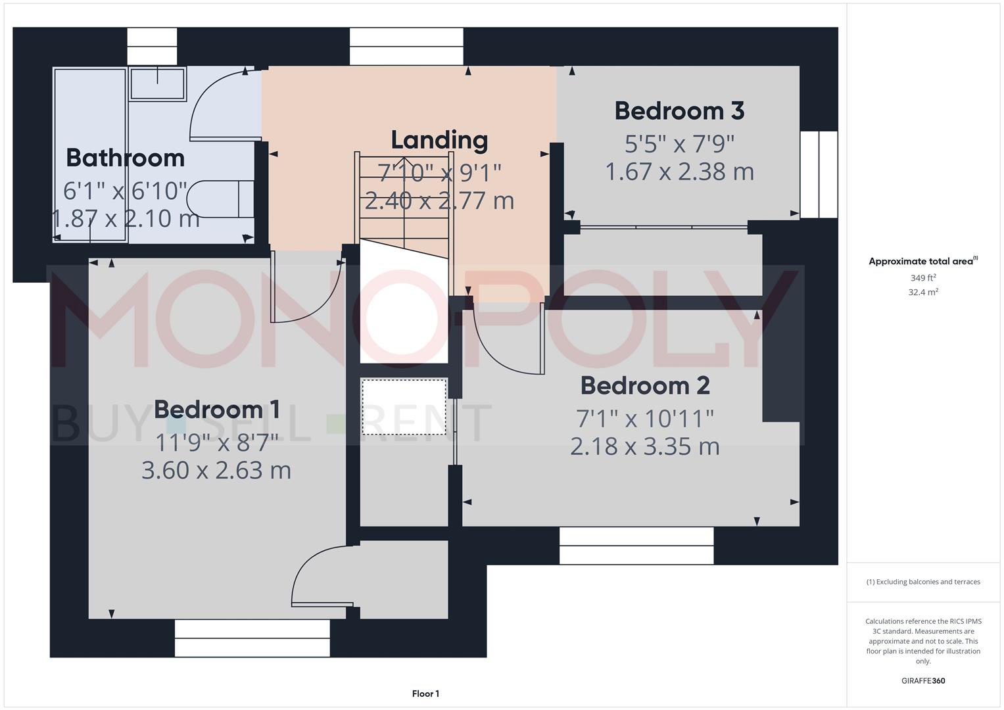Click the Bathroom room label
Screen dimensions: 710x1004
pyautogui.click(x=125, y=158)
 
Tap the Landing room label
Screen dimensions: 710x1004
pyautogui.click(x=439, y=140)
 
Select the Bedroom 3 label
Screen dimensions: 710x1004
pyautogui.click(x=679, y=111)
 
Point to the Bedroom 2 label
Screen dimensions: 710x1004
pyautogui.click(x=645, y=385)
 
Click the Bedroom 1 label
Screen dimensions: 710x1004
pyautogui.click(x=217, y=410)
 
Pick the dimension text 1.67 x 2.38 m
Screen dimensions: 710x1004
pyautogui.click(x=679, y=172)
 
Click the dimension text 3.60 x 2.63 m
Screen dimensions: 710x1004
pyautogui.click(x=216, y=470)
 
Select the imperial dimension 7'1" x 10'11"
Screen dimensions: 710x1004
pyautogui.click(x=645, y=417)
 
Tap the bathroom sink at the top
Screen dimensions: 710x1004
pyautogui.click(x=158, y=83)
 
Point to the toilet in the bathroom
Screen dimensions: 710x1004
pyautogui.click(x=220, y=199)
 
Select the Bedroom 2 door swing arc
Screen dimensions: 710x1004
pyautogui.click(x=503, y=342)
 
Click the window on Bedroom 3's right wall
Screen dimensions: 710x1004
pyautogui.click(x=819, y=174)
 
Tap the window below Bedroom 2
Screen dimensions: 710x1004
pyautogui.click(x=636, y=546)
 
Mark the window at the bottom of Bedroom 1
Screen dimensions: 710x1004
pyautogui.click(x=252, y=638)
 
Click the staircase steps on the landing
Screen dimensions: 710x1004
pyautogui.click(x=404, y=197)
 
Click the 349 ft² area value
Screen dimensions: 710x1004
pyautogui.click(x=923, y=278)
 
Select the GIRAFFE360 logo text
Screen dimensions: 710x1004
pyautogui.click(x=923, y=680)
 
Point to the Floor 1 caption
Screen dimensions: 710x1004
pyautogui.click(x=425, y=694)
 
